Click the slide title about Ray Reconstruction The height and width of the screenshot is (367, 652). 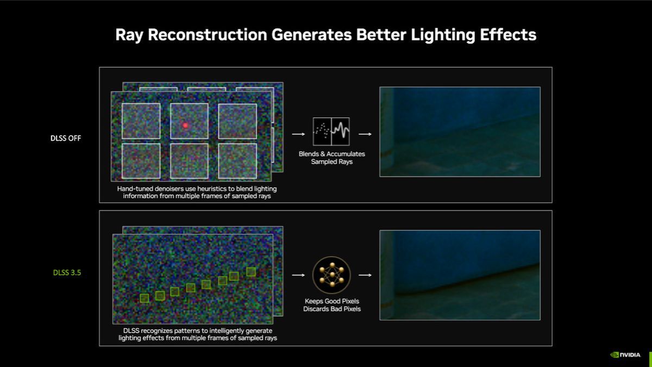[x=325, y=35]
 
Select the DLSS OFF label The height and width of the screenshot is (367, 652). [x=66, y=139]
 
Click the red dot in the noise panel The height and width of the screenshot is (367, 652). [x=185, y=126]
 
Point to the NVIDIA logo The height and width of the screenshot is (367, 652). [x=625, y=354]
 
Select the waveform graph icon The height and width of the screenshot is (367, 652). [x=331, y=131]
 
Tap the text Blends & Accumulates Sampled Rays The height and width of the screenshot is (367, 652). [x=331, y=158]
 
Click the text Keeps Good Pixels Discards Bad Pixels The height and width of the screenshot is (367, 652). [x=331, y=305]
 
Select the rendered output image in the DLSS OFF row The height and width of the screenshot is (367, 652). [x=460, y=132]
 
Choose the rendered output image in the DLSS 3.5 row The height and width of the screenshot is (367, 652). [x=460, y=275]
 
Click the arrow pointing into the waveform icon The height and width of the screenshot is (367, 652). [x=298, y=133]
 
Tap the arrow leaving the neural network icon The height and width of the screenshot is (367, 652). [x=365, y=275]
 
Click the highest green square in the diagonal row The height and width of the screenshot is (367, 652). [x=250, y=271]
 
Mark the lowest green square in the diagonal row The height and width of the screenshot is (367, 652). [x=144, y=298]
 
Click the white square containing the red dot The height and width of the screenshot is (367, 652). [x=189, y=121]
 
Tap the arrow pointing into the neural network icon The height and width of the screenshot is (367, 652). [x=298, y=275]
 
